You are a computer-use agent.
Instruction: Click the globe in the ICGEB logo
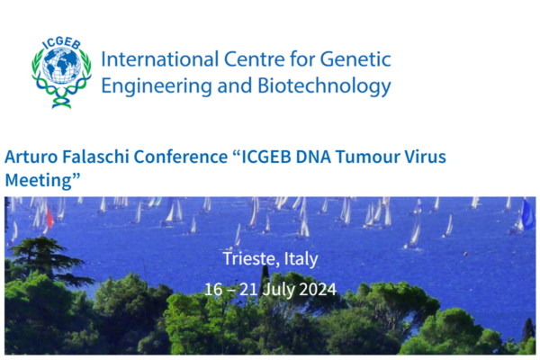tap(62, 66)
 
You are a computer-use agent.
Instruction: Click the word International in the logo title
tap(160, 59)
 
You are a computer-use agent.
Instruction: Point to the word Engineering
tap(157, 86)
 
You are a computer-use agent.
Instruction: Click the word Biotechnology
tap(324, 86)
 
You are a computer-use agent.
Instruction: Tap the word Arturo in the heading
tap(31, 157)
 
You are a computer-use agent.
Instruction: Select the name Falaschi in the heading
tap(95, 157)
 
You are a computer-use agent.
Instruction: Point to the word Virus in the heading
tap(425, 157)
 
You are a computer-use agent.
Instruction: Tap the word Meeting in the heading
tap(39, 181)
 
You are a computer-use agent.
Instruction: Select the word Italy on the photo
tap(301, 259)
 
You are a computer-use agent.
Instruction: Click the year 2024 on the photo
tap(317, 290)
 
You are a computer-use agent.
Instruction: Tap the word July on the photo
tap(278, 290)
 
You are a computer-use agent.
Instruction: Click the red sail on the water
tap(49, 216)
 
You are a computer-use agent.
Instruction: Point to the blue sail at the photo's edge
tap(528, 214)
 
